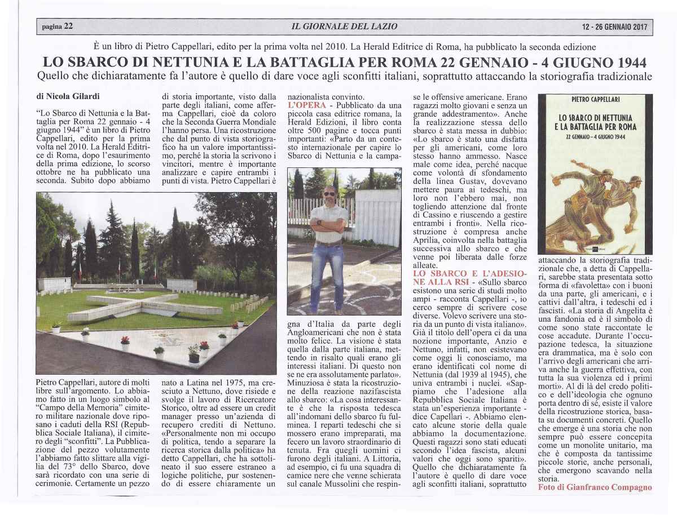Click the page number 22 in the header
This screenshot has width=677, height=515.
click(68, 26)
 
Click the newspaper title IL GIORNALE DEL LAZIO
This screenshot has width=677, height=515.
click(345, 26)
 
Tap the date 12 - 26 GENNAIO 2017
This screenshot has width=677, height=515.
click(615, 26)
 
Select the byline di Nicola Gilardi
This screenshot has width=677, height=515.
click(67, 96)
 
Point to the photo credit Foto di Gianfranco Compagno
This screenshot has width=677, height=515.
click(595, 487)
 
